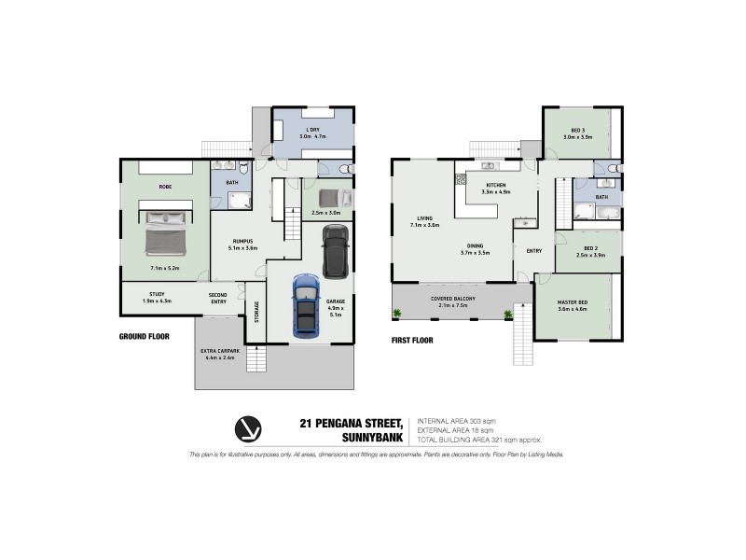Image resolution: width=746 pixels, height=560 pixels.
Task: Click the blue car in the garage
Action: click(305, 306)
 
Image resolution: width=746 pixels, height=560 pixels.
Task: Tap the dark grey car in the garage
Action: click(336, 253)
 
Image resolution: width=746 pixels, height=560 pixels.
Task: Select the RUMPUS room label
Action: click(244, 243)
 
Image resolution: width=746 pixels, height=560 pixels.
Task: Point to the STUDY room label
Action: click(156, 295)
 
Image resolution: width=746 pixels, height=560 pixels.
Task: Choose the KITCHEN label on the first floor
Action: click(494, 187)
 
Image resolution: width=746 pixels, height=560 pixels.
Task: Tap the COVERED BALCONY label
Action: click(453, 298)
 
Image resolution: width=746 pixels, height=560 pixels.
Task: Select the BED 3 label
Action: click(577, 131)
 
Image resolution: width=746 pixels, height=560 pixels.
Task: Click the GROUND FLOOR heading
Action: click(144, 336)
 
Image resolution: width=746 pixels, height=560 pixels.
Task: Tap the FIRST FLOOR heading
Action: click(413, 341)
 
